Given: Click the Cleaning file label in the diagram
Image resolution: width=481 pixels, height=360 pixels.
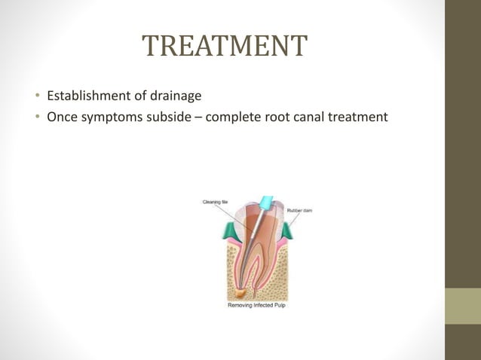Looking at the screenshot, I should [213, 201].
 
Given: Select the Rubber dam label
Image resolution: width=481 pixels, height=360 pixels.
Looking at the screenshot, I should [299, 210].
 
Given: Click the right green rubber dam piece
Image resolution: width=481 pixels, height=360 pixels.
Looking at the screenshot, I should [286, 230].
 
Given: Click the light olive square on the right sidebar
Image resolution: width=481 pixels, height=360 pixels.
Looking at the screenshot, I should [463, 306].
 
